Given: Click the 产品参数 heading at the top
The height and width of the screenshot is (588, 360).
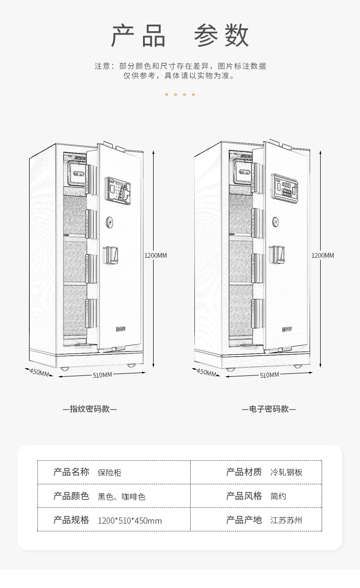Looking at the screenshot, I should [180, 36].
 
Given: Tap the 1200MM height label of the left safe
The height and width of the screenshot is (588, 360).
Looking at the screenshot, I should [156, 255].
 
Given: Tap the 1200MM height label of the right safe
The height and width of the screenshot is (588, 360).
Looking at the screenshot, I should [323, 255].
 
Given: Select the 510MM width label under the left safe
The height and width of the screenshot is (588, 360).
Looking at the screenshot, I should [102, 375].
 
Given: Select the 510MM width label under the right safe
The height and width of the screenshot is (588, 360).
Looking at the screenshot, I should [269, 375].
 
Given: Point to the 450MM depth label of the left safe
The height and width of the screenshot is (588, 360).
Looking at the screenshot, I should [39, 372].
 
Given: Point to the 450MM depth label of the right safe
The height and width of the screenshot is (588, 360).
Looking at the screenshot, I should [206, 372].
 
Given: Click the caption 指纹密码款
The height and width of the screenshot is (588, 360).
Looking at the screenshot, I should [90, 409].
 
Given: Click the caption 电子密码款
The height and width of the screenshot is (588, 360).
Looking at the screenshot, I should [269, 409].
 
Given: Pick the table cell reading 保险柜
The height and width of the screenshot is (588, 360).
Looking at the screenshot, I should [109, 472].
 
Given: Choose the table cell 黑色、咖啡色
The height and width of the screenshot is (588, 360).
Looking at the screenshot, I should [121, 496].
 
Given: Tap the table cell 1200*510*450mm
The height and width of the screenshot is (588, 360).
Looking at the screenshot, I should [130, 521].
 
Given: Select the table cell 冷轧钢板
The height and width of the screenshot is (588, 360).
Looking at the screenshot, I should [287, 472].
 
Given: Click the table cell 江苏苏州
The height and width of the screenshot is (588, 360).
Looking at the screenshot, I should [287, 520].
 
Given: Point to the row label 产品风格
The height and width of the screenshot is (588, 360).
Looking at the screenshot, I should [244, 496].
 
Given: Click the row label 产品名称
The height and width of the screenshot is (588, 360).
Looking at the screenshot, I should [71, 472].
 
